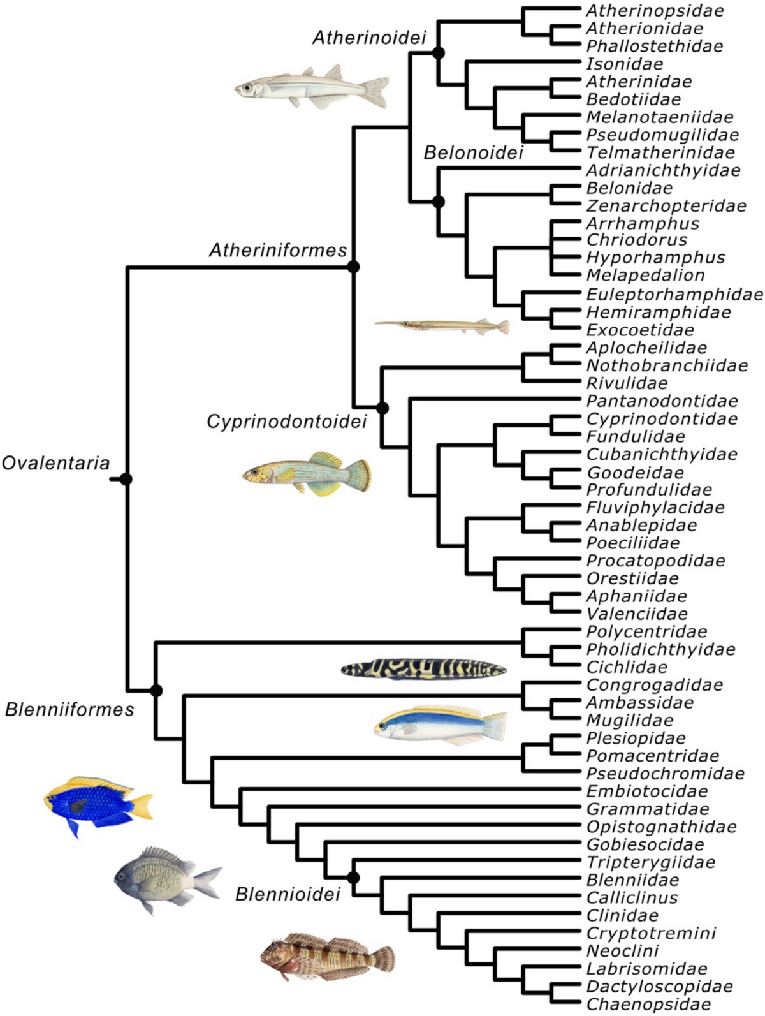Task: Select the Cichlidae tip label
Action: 627,667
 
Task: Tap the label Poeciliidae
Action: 632,543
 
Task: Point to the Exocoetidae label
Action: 631,330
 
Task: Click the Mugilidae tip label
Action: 629,720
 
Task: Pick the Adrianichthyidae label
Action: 663,170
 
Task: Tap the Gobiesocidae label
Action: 645,844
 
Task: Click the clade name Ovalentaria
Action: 56,462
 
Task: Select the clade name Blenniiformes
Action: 69,709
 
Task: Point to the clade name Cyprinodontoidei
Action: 287,422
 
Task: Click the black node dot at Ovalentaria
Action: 126,478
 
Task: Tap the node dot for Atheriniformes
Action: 354,267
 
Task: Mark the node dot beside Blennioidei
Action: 353,878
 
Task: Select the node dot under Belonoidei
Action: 438,202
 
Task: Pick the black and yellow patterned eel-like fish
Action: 424,669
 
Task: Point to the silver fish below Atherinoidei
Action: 312,87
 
